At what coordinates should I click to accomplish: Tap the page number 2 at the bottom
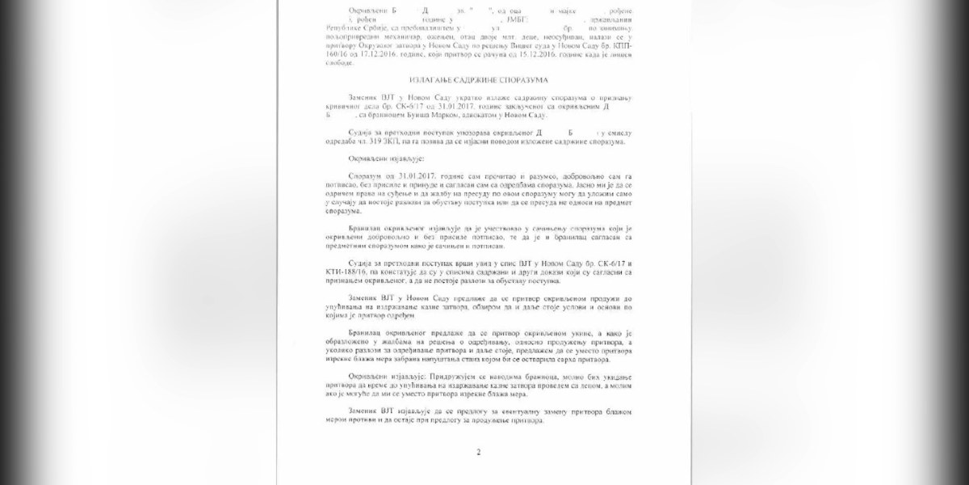coord(478,452)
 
